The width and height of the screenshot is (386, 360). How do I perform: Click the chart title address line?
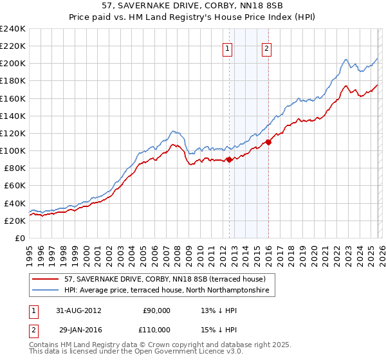pos(192,6)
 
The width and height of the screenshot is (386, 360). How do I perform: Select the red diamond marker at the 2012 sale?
pos(229,159)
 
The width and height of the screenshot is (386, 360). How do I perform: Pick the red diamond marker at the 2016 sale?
pos(268,142)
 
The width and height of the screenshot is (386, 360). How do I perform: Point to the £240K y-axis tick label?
pos(13,29)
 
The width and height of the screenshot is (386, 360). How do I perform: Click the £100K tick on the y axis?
pos(13,150)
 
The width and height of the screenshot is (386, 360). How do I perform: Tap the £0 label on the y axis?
pos(19,238)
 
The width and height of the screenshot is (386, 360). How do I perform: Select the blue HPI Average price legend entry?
pos(169,291)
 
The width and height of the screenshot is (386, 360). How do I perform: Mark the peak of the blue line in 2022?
pos(346,60)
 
